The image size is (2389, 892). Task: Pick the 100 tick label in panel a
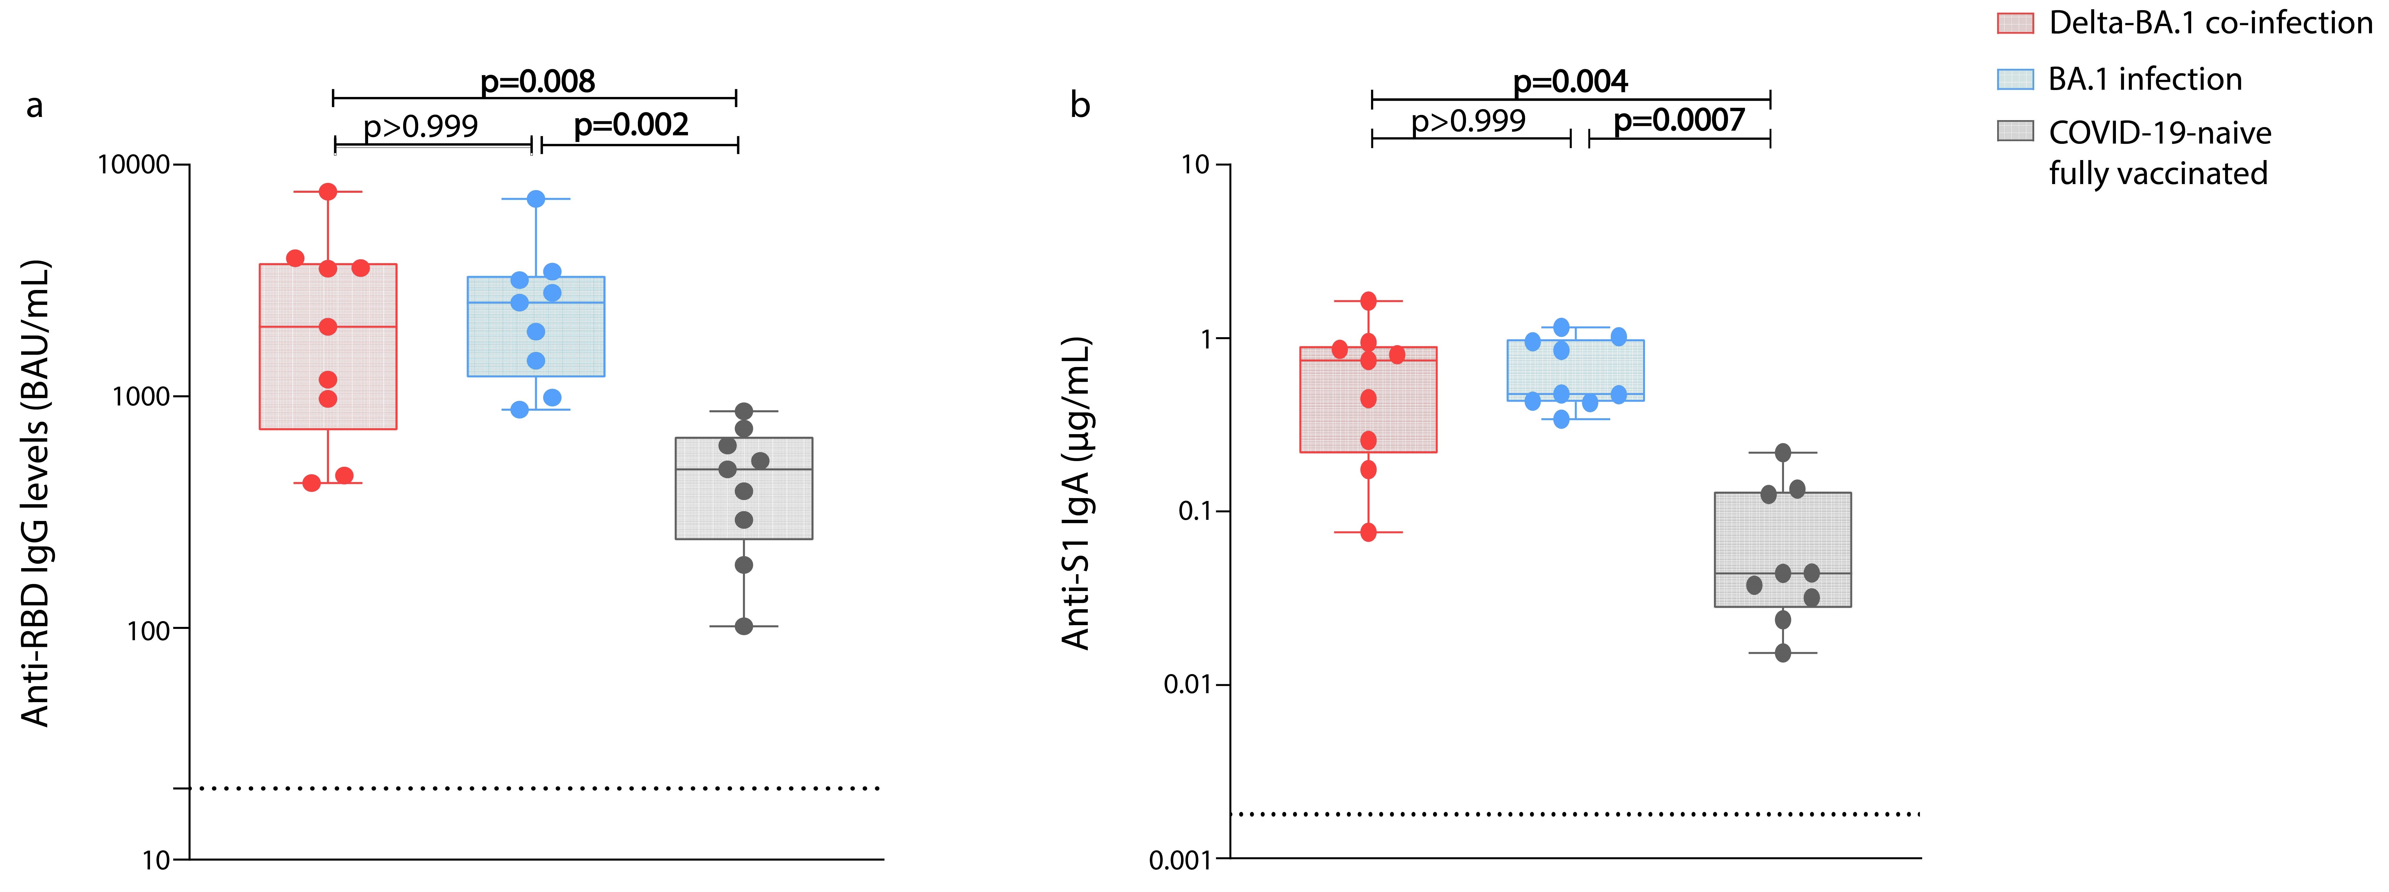(148, 631)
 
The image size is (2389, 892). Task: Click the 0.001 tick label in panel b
(1180, 860)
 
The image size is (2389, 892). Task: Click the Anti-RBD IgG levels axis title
(35, 493)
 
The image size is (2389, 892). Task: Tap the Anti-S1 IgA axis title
(1076, 493)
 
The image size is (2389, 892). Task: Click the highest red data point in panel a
(327, 192)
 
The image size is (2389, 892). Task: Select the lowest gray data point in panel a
(744, 627)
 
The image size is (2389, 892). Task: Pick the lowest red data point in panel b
(1368, 532)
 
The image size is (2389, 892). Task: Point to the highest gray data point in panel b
(1783, 452)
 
